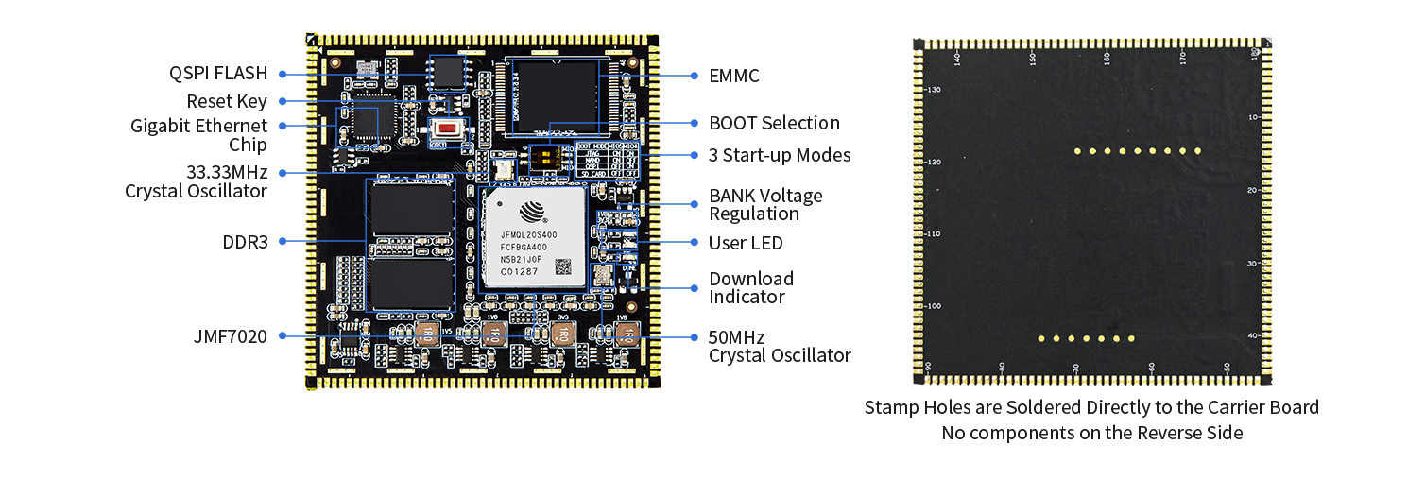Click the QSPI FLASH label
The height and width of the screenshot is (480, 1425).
218,74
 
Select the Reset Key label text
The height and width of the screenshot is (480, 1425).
227,101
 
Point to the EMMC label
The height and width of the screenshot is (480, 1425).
734,76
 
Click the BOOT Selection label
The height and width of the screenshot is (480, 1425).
774,123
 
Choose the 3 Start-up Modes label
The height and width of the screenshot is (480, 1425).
780,155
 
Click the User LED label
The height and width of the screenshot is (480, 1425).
746,243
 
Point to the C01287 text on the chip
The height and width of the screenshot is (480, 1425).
520,272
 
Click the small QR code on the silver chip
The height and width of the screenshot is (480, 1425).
564,266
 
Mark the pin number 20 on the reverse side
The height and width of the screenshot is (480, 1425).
1252,190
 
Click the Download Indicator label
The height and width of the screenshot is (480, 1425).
751,287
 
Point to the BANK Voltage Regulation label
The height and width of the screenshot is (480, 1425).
765,204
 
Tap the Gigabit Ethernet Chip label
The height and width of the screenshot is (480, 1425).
199,135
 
